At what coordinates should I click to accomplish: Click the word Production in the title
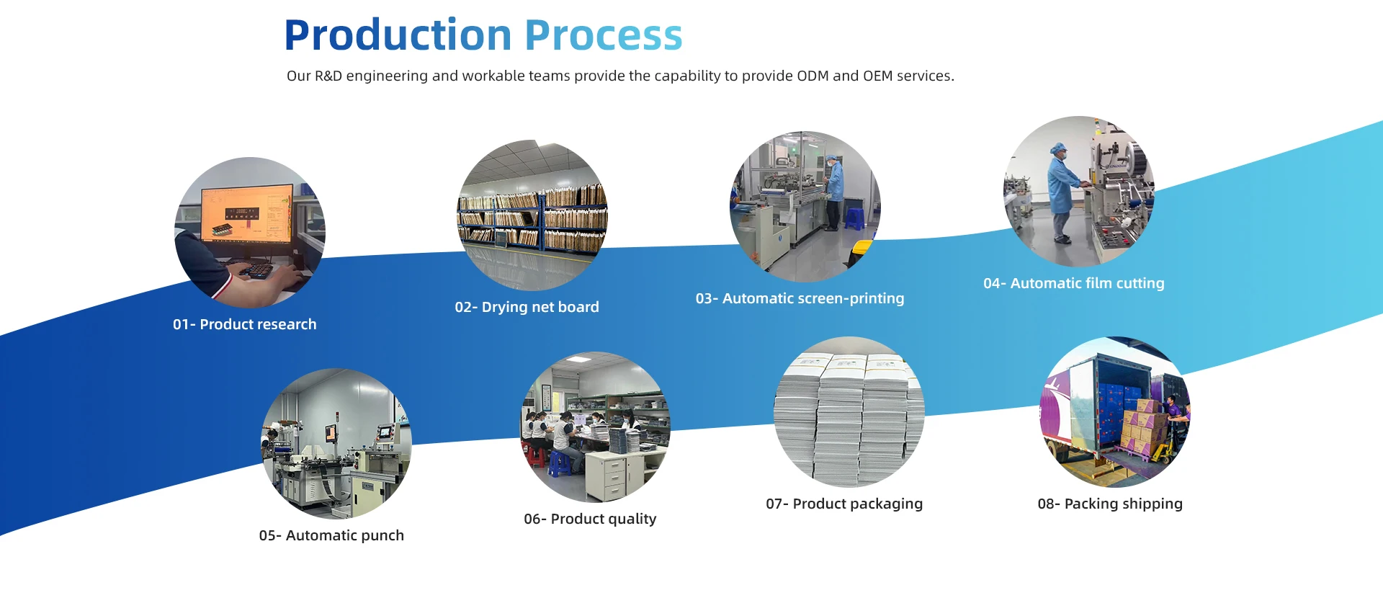398,35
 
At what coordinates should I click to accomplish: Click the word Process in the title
604,35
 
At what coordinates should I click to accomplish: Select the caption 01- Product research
245,324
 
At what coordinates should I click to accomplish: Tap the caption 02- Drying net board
527,307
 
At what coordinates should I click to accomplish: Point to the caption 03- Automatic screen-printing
800,298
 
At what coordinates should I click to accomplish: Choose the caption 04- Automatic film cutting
1074,283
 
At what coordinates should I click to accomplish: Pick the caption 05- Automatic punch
331,535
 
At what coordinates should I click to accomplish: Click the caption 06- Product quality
590,519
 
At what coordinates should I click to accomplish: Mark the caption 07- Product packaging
844,504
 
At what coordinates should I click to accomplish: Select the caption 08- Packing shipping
1110,504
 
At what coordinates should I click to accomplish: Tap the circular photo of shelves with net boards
532,215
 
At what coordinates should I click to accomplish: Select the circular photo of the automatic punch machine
336,444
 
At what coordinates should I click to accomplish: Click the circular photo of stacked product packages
849,412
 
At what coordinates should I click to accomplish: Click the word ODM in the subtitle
813,76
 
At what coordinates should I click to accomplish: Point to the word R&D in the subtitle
328,76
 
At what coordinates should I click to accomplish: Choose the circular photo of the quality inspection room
596,427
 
